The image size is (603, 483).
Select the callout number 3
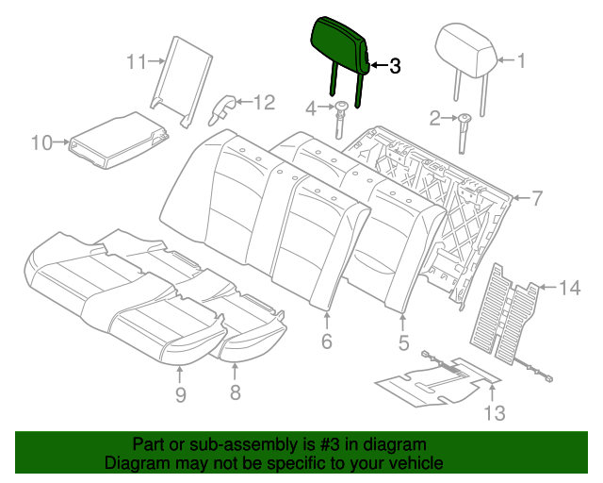click(x=394, y=66)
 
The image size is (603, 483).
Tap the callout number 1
click(x=519, y=61)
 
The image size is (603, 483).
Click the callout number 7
click(x=536, y=198)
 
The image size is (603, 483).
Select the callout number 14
click(x=571, y=289)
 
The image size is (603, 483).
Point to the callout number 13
click(x=495, y=412)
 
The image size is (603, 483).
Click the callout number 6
click(x=327, y=342)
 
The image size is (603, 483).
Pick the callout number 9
click(x=180, y=394)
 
